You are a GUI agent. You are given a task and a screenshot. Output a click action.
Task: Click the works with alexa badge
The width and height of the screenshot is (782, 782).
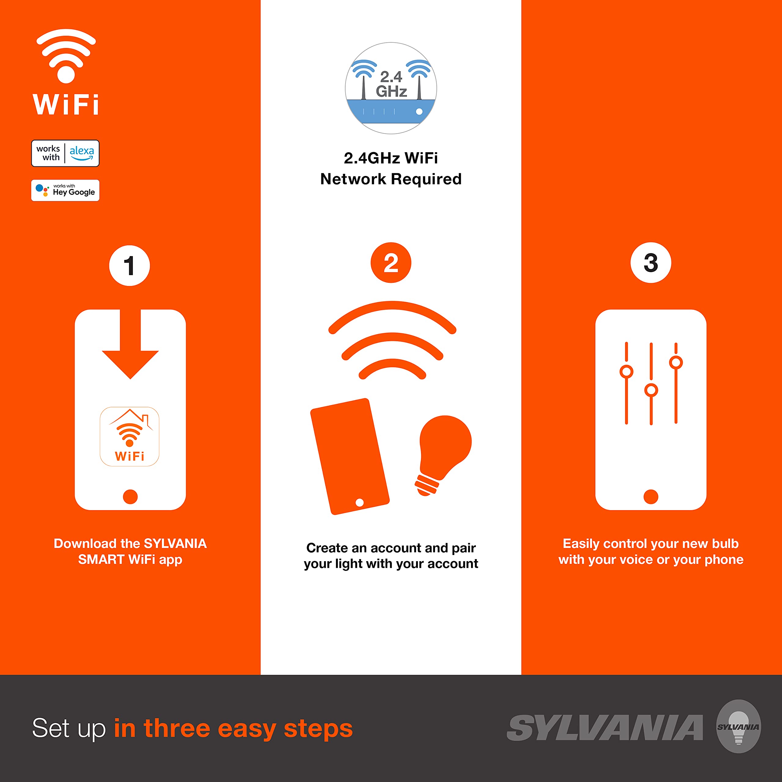coord(65,153)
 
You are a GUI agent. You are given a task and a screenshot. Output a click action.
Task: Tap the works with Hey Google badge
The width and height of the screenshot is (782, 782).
coord(65,190)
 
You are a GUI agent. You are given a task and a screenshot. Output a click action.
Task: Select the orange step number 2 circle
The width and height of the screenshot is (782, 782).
coord(391,263)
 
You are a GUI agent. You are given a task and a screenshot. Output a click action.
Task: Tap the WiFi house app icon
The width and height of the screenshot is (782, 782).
coord(130,436)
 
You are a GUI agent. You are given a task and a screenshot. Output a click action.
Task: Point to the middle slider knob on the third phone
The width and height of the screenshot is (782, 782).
coord(651,390)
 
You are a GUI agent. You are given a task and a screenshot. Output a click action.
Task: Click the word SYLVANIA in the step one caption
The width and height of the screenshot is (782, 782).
coord(175,544)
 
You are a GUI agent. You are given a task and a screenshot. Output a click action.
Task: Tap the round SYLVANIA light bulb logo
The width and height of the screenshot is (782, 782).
coord(738,726)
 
